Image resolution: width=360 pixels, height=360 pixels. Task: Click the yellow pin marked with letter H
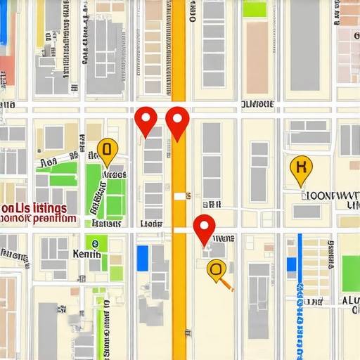[x=301, y=168]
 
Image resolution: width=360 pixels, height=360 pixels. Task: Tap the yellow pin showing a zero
[x=107, y=148]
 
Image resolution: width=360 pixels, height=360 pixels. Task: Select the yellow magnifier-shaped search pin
[x=217, y=268]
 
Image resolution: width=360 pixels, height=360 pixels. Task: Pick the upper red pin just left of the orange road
[x=146, y=120]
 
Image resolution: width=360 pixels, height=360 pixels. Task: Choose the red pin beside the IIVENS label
[x=204, y=228]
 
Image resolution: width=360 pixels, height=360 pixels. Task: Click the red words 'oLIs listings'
[x=34, y=208]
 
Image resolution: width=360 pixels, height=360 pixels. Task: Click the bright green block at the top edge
[x=255, y=9]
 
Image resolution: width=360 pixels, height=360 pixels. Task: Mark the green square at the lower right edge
[x=350, y=271]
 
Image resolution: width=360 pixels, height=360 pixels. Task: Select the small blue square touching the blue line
[x=300, y=289]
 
